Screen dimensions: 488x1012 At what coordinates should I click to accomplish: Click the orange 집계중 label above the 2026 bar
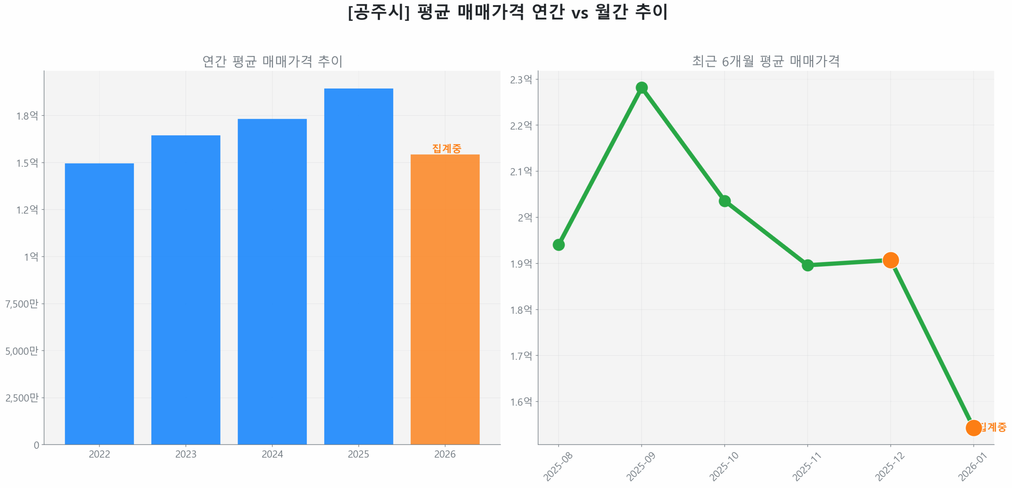click(446, 148)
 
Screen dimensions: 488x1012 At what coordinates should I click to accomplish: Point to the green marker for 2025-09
click(641, 87)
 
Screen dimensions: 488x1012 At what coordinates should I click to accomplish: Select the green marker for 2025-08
click(558, 244)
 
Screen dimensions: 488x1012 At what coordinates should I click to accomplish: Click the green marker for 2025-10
click(724, 201)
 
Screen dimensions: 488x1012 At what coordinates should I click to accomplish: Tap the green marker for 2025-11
click(807, 265)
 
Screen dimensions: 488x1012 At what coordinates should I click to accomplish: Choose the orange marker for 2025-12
click(890, 260)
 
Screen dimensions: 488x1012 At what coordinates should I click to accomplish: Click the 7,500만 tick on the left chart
click(22, 303)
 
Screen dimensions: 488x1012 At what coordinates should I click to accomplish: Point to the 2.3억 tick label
click(521, 79)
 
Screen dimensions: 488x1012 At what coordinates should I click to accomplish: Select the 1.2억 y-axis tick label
click(27, 209)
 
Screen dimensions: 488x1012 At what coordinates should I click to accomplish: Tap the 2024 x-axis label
click(272, 454)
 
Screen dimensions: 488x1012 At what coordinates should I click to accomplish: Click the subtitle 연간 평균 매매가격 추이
click(272, 61)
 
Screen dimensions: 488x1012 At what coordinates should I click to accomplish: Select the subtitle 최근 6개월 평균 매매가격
click(765, 61)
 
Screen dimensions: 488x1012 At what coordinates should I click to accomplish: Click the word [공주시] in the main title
click(378, 12)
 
